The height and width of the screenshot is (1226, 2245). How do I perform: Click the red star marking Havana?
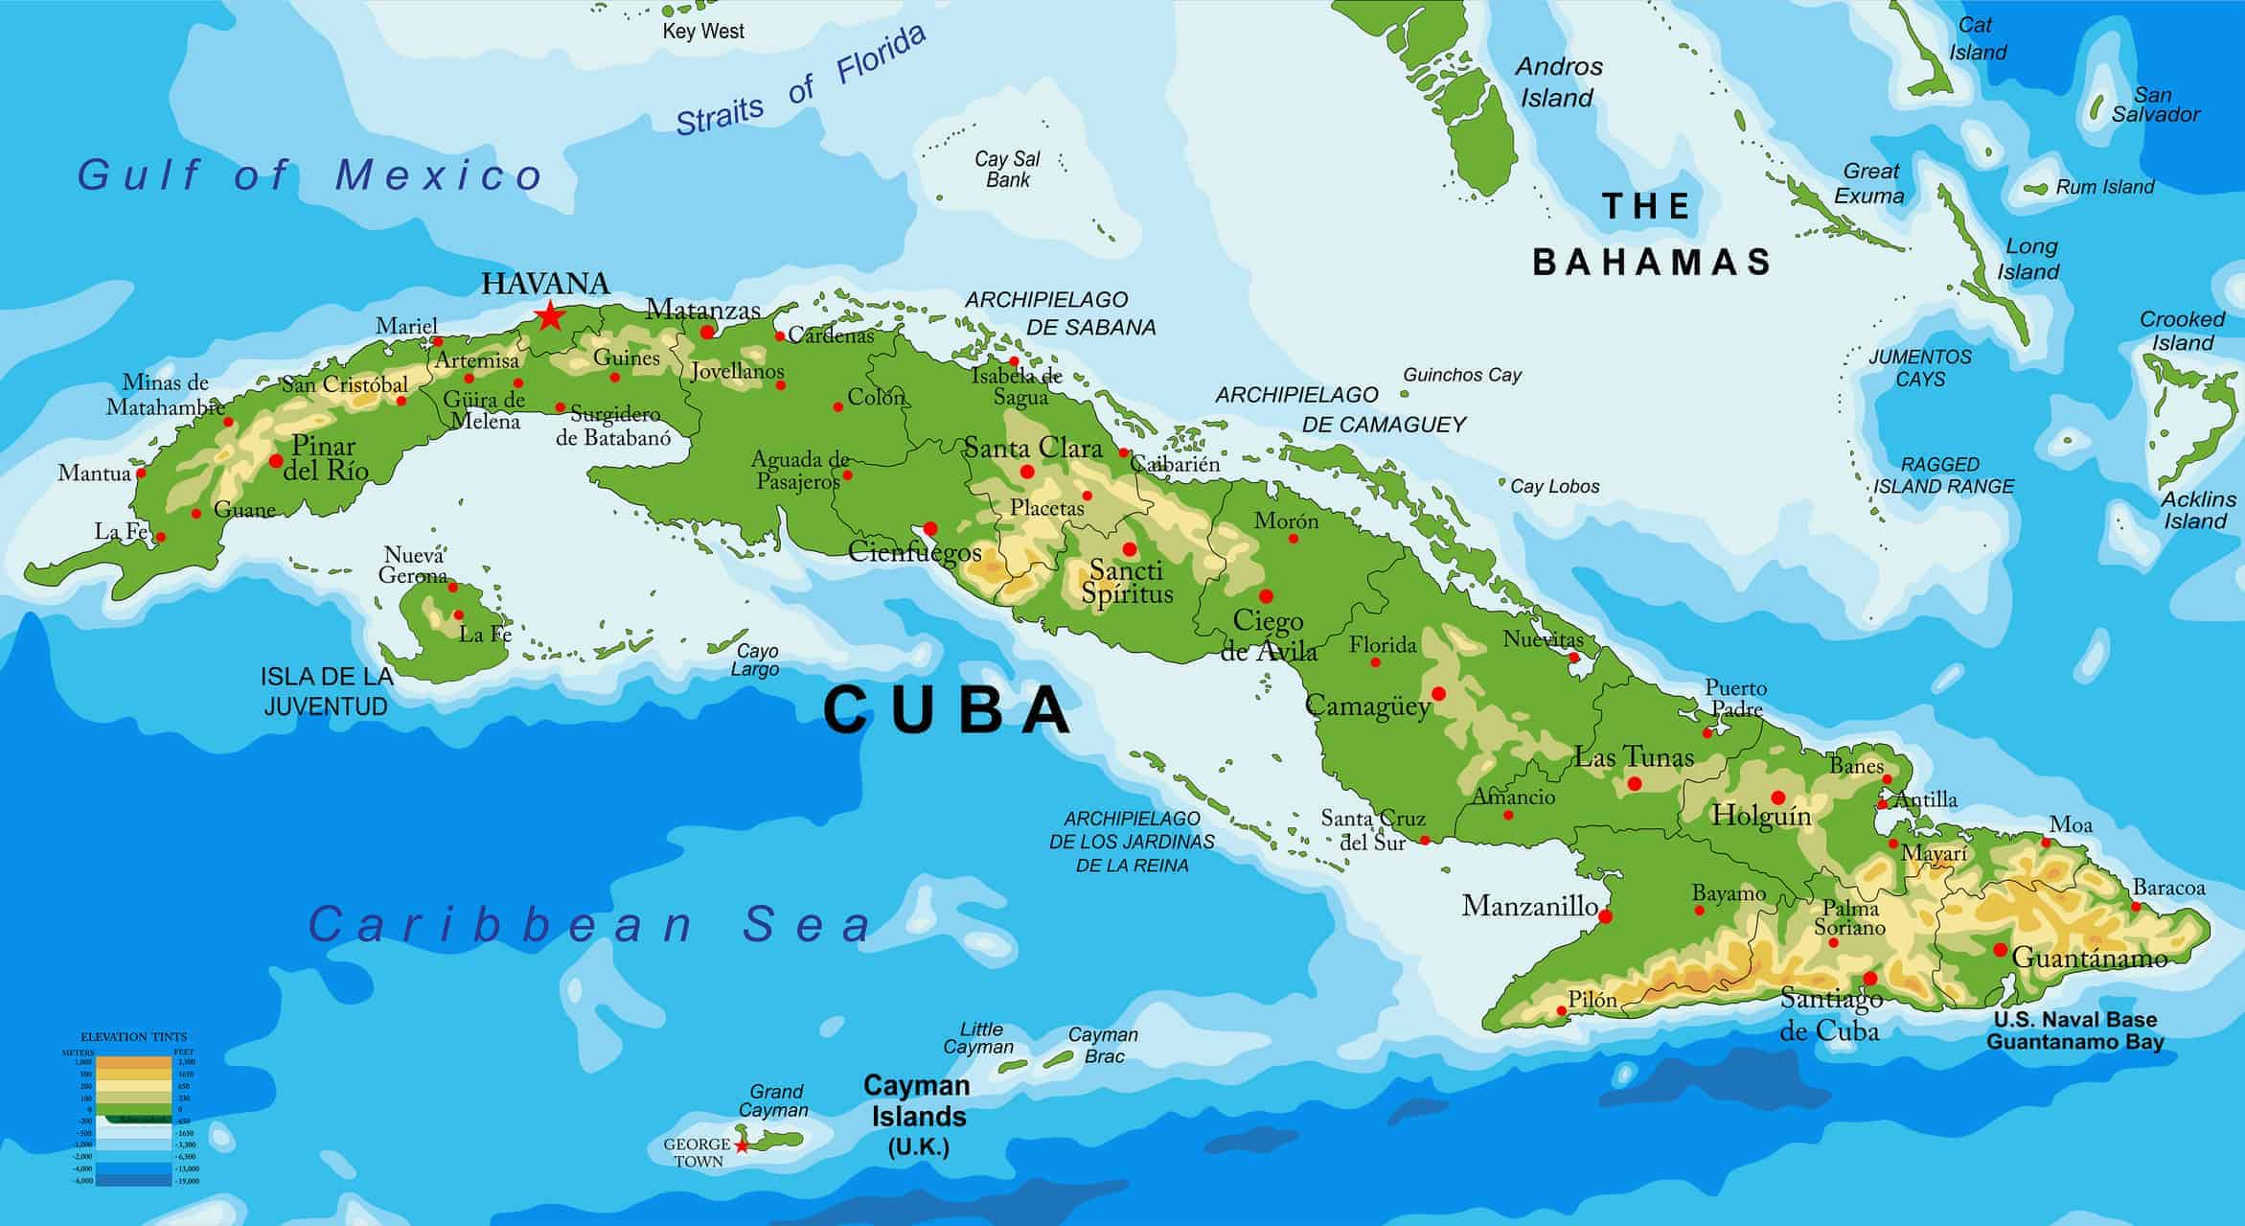pyautogui.click(x=549, y=315)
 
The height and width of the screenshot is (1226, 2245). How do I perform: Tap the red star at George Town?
pyautogui.click(x=742, y=1145)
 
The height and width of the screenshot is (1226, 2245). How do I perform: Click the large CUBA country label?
pyautogui.click(x=947, y=710)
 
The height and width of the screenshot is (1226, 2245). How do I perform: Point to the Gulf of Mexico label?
pyautogui.click(x=310, y=175)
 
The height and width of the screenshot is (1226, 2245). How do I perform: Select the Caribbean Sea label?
pyautogui.click(x=589, y=925)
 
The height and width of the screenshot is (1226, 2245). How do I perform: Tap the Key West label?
pyautogui.click(x=703, y=31)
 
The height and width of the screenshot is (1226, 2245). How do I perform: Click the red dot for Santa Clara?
pyautogui.click(x=1027, y=472)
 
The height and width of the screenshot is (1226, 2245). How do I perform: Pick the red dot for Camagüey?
pyautogui.click(x=1438, y=693)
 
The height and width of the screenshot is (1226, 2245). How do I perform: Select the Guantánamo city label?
pyautogui.click(x=2089, y=958)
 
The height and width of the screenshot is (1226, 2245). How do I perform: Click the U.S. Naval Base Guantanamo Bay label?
pyautogui.click(x=2074, y=1030)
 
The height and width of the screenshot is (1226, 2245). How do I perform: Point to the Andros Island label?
pyautogui.click(x=1558, y=82)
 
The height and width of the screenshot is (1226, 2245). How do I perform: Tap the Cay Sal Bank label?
pyautogui.click(x=1007, y=169)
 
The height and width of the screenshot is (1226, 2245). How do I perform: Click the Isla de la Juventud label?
pyautogui.click(x=327, y=691)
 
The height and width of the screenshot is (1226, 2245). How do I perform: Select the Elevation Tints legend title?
pyautogui.click(x=134, y=1037)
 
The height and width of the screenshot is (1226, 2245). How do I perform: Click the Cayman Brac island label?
pyautogui.click(x=1104, y=1045)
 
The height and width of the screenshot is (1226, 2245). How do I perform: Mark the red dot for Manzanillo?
pyautogui.click(x=1606, y=916)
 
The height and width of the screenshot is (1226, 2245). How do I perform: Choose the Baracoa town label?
pyautogui.click(x=2169, y=888)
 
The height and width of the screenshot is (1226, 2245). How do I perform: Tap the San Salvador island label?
pyautogui.click(x=2156, y=104)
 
